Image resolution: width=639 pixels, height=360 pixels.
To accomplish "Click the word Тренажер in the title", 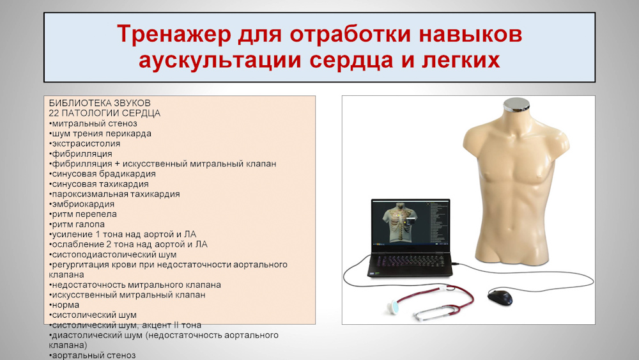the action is (174, 34).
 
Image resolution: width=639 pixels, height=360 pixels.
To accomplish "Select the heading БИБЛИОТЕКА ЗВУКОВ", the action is (100, 103).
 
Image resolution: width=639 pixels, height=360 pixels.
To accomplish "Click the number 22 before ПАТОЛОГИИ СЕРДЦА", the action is (54, 113).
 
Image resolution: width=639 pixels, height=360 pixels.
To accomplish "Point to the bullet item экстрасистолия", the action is (84, 143).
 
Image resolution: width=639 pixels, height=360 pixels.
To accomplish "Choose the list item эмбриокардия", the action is (82, 204).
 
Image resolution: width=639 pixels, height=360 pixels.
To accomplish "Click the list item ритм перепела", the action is (82, 214).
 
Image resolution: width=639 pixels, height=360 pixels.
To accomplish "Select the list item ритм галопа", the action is (77, 224).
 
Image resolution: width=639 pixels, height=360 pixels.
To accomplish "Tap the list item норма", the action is (64, 305).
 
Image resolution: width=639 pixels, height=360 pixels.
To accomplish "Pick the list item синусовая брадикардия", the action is (102, 174).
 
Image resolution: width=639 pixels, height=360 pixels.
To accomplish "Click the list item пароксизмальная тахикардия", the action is (114, 194).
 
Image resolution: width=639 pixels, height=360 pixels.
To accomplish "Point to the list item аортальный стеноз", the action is (92, 355).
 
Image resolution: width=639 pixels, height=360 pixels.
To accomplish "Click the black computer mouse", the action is (500, 297).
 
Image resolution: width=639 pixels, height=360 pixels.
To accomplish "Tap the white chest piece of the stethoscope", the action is (394, 306).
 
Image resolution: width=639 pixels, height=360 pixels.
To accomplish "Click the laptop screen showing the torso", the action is (411, 223).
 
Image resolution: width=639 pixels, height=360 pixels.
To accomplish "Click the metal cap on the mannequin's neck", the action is (516, 105).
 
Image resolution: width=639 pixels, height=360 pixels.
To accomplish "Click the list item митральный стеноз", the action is (93, 123).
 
